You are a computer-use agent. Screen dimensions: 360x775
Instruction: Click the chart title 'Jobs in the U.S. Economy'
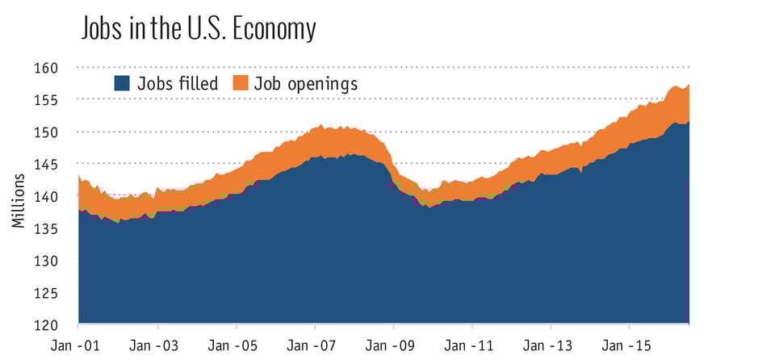(x=198, y=28)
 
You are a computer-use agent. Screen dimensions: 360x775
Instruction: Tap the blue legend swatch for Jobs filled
(x=122, y=83)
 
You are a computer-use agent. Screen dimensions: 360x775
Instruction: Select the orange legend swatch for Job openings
(x=240, y=83)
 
